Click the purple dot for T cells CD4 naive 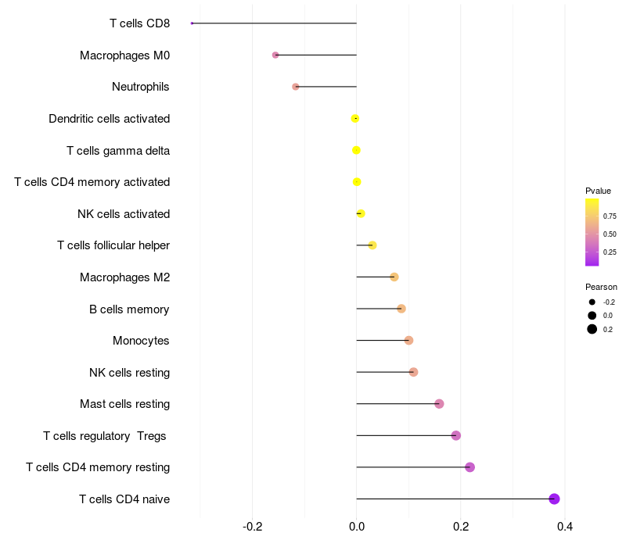(x=554, y=499)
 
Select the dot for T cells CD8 (x=192, y=23)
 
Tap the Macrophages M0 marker (x=275, y=55)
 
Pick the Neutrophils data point (x=296, y=87)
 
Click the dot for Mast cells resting (x=439, y=404)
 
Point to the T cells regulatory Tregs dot (x=456, y=435)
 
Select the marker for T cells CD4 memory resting (x=469, y=467)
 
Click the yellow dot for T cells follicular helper (x=372, y=245)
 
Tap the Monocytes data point (x=408, y=340)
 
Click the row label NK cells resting (x=129, y=372)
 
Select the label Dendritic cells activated (x=109, y=119)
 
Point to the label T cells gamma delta (x=118, y=150)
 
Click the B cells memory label (x=129, y=309)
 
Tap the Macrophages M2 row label (x=124, y=277)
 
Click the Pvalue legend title (x=598, y=191)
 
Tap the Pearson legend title (x=601, y=287)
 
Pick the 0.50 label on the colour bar (x=610, y=234)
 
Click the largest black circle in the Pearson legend (x=592, y=329)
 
